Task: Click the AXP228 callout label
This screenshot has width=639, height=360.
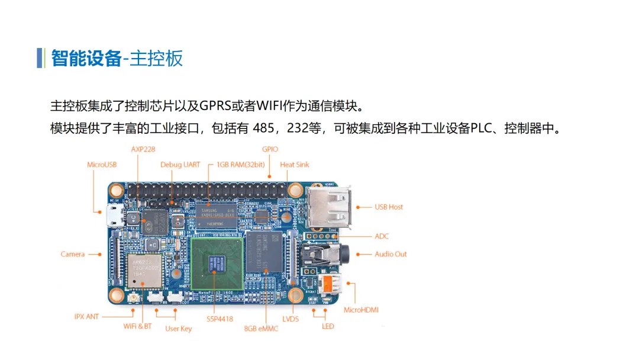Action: point(143,149)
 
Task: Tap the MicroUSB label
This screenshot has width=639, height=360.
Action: point(102,165)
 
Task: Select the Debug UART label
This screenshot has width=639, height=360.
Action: point(180,165)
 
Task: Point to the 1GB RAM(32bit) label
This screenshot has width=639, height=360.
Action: point(240,165)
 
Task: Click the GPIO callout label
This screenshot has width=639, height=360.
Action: point(270,149)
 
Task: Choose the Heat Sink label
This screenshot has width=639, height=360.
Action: point(295,165)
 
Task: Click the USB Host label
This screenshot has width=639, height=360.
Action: point(389,207)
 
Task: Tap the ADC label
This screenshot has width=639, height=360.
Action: point(382,236)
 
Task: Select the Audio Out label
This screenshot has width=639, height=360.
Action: point(390,254)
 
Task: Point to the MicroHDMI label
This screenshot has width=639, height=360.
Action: point(361,310)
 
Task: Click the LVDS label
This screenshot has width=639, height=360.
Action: point(291,319)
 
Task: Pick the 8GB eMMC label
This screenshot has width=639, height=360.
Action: point(261,328)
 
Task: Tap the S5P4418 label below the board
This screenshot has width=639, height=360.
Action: point(220,319)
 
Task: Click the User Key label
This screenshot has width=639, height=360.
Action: point(178,329)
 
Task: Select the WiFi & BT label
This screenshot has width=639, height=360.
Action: point(137,326)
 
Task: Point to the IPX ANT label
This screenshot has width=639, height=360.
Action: point(86,317)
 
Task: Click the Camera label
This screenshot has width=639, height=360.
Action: point(72,254)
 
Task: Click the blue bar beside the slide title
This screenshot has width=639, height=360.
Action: point(40,58)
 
